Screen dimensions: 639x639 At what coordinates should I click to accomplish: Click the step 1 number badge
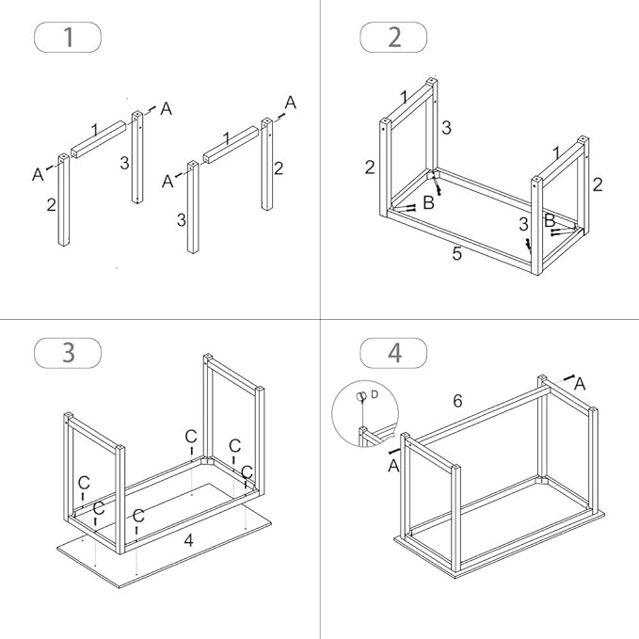pyautogui.click(x=67, y=38)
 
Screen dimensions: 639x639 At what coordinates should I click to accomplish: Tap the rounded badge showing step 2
pyautogui.click(x=393, y=38)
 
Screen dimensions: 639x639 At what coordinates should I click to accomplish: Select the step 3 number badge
pyautogui.click(x=67, y=352)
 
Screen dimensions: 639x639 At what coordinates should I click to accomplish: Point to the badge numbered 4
pyautogui.click(x=393, y=353)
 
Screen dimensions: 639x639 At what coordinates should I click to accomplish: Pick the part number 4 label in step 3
pyautogui.click(x=188, y=540)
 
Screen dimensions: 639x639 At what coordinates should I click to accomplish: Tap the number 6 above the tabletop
pyautogui.click(x=457, y=401)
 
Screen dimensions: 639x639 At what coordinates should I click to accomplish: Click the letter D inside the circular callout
pyautogui.click(x=374, y=394)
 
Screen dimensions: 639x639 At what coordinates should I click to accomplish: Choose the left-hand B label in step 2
pyautogui.click(x=428, y=202)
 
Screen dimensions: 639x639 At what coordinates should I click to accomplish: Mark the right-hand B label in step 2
pyautogui.click(x=550, y=220)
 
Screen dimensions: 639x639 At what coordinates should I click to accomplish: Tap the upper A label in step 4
pyautogui.click(x=580, y=383)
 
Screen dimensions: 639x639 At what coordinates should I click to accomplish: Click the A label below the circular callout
pyautogui.click(x=392, y=465)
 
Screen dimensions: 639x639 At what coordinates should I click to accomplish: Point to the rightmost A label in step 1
pyautogui.click(x=290, y=103)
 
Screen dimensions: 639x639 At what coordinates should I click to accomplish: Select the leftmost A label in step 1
pyautogui.click(x=39, y=174)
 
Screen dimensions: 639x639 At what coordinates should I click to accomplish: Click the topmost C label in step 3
pyautogui.click(x=191, y=436)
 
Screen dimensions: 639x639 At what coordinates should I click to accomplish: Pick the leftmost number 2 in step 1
pyautogui.click(x=52, y=204)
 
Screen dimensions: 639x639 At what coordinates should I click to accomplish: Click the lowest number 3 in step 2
pyautogui.click(x=523, y=224)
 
